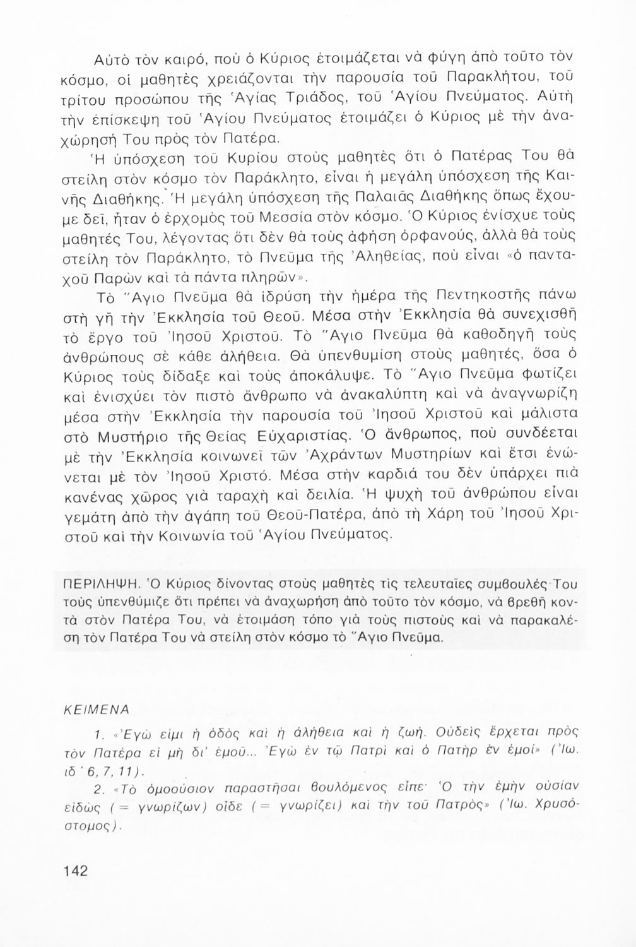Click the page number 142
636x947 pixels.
click(75, 871)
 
